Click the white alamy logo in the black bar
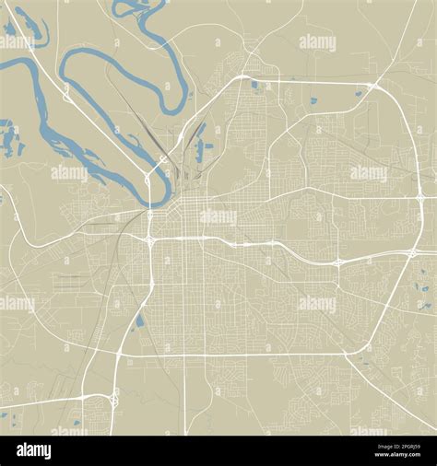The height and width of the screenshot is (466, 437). click(35, 450)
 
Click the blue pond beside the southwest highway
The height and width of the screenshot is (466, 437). click(139, 321)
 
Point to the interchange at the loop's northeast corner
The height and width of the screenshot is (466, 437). click(372, 87)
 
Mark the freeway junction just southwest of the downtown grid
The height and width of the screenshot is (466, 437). click(149, 240)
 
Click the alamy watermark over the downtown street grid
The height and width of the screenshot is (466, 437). click(218, 217)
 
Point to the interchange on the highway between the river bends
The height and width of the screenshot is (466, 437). click(66, 92)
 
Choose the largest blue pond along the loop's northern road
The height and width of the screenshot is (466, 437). click(254, 87)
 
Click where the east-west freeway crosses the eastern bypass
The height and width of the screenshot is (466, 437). click(337, 262)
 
